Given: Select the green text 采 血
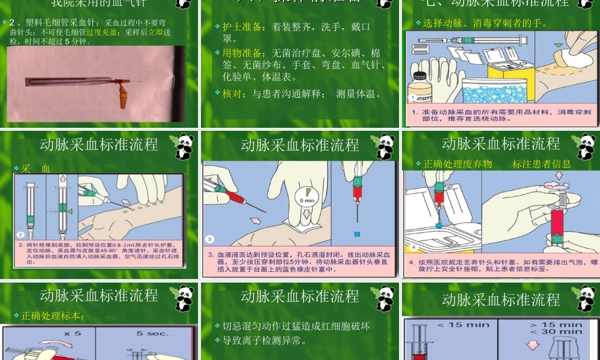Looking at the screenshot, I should pos(36,169).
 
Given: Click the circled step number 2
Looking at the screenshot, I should pos(20,235).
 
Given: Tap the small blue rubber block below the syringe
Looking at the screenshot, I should pos(357,233).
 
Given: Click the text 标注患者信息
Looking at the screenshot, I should pos(541,164).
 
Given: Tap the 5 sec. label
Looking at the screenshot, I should pos(148,333).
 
